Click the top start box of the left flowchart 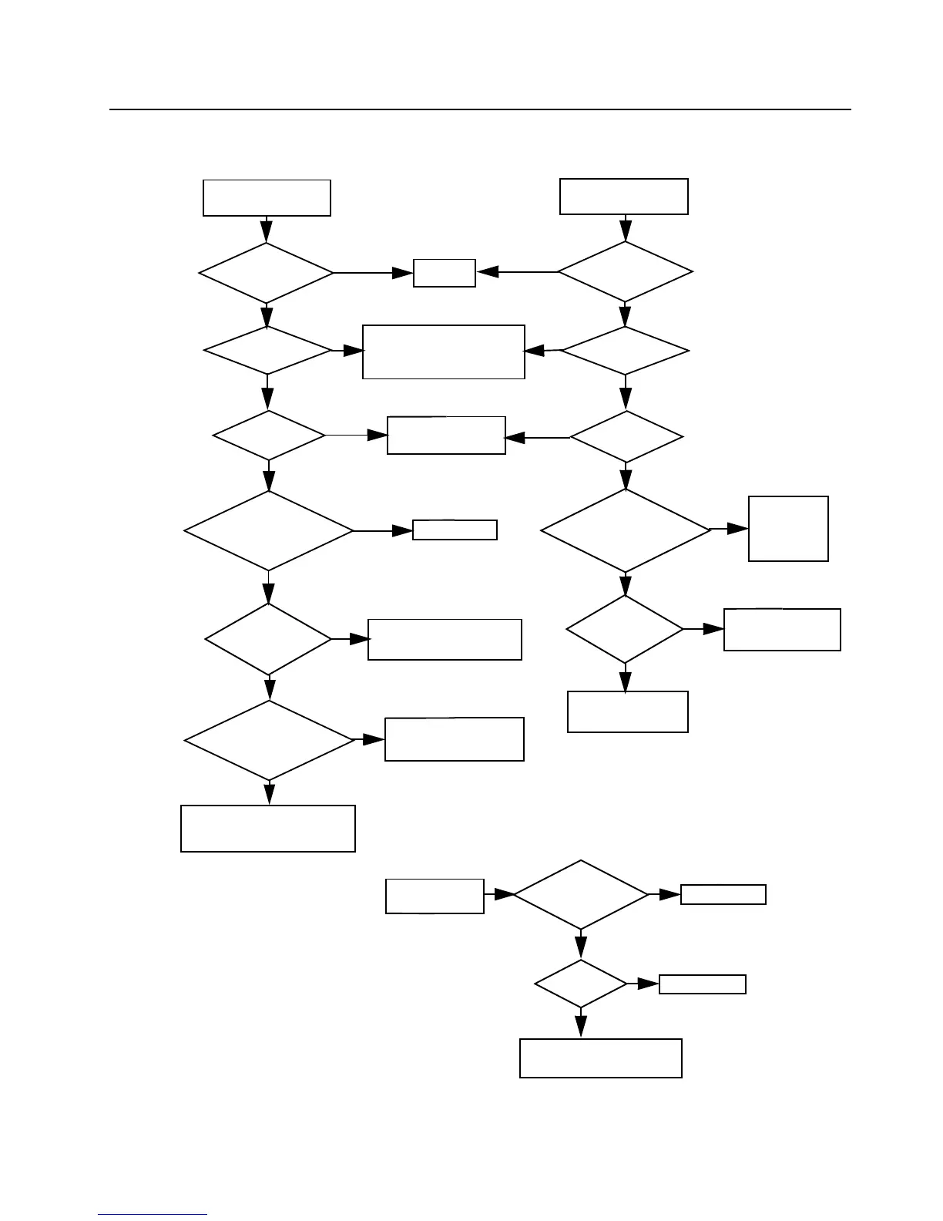(x=267, y=198)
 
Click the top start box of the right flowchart (x=624, y=197)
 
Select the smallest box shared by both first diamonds (x=445, y=273)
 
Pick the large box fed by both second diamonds (x=444, y=352)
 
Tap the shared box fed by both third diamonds (x=446, y=436)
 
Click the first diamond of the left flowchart (x=267, y=273)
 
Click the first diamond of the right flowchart (x=625, y=272)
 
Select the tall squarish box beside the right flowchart (x=788, y=529)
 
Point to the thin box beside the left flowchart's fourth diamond (x=455, y=530)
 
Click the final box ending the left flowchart (x=268, y=829)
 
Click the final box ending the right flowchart (x=627, y=711)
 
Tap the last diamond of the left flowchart (x=269, y=741)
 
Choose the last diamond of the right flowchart (x=625, y=629)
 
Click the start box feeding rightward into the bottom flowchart (x=435, y=896)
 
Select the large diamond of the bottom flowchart (x=581, y=895)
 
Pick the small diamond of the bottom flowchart (x=580, y=984)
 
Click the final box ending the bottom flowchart (x=601, y=1058)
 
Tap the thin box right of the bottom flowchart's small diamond (x=703, y=984)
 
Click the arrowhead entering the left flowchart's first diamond (x=267, y=231)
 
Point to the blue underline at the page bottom (x=153, y=1215)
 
